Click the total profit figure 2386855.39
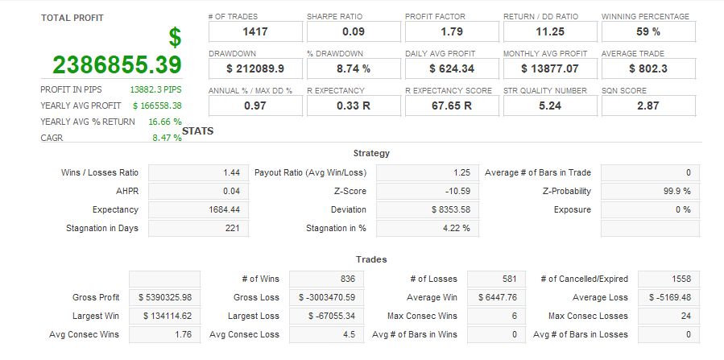click(118, 64)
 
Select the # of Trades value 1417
click(254, 31)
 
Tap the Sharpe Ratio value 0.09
click(353, 31)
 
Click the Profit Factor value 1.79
click(451, 31)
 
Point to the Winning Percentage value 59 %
click(647, 31)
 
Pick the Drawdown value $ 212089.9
click(254, 68)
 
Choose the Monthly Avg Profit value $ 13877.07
click(549, 68)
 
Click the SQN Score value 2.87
click(647, 106)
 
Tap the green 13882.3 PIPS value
click(155, 89)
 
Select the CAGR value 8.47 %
click(167, 138)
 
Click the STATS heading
click(198, 130)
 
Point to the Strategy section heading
click(371, 153)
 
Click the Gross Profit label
click(96, 297)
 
